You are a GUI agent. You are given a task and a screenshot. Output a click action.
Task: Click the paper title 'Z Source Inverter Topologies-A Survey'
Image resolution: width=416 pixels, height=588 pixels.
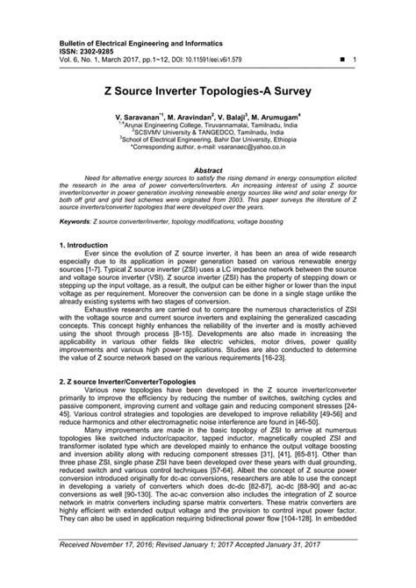coord(208,90)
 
